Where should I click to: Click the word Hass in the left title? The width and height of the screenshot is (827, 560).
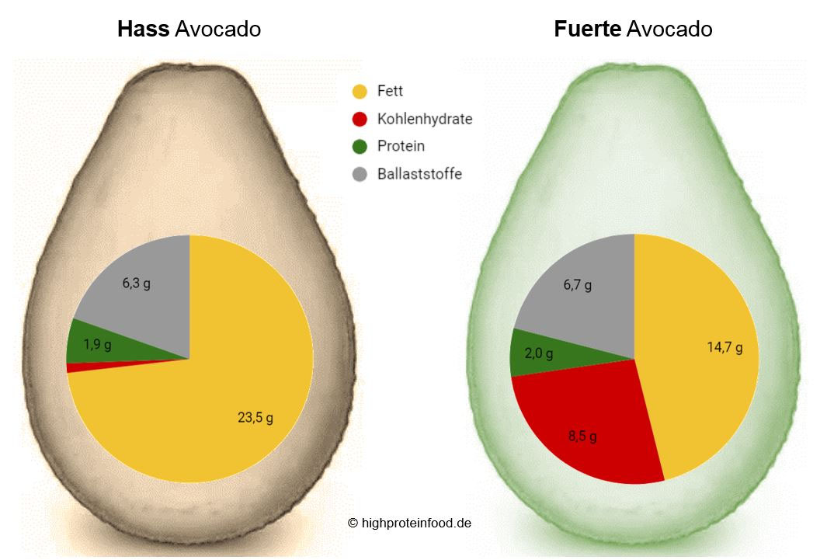click(144, 30)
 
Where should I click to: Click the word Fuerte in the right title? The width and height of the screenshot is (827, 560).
click(587, 30)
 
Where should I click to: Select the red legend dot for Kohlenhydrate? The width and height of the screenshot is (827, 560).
click(360, 120)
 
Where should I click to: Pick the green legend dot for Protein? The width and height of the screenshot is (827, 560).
click(360, 147)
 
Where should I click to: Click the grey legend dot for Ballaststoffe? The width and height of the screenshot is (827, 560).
click(360, 174)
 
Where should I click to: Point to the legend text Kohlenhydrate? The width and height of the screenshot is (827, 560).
click(424, 120)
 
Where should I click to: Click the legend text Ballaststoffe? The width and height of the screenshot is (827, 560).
click(419, 174)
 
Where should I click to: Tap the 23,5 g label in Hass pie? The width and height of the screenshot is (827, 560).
click(255, 418)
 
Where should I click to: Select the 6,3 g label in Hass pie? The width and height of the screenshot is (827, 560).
click(136, 283)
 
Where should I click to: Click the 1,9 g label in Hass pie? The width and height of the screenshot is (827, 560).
click(97, 343)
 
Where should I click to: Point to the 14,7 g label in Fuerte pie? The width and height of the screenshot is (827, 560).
click(724, 348)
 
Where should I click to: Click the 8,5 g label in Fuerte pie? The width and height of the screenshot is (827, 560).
click(582, 437)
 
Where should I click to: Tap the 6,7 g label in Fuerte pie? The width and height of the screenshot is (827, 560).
click(577, 285)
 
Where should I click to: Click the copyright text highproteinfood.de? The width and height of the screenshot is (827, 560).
click(409, 523)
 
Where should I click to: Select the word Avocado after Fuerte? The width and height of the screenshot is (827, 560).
click(669, 30)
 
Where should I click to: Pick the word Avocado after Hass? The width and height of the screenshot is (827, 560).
click(217, 30)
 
